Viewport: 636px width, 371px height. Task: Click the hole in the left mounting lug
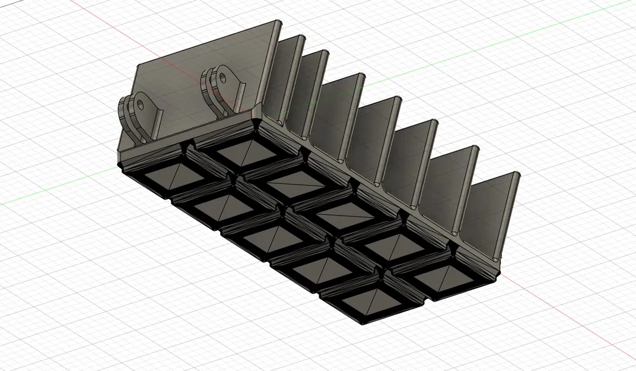click(141, 105)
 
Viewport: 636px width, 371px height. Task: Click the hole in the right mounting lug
click(224, 76)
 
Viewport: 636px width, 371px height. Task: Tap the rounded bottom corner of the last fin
click(495, 260)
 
